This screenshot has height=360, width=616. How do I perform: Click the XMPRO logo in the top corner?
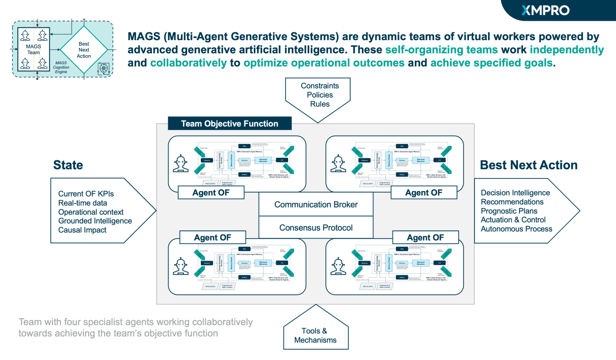coord(545,10)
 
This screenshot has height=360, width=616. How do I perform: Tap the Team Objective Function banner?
coord(230,123)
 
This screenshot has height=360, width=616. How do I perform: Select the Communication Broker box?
coord(316,205)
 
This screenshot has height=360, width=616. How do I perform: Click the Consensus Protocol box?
coord(316,227)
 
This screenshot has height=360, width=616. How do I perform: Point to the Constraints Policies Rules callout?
coord(320,95)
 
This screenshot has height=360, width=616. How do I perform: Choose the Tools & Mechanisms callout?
coord(315,335)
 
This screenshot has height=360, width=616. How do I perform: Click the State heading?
coord(68,165)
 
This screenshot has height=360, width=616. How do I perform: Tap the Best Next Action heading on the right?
coord(529,165)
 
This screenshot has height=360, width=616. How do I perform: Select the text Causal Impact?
coord(82,230)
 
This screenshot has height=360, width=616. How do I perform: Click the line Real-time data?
coord(83,203)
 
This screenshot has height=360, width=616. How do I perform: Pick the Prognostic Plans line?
coord(509,211)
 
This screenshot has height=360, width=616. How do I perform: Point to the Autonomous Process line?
coord(516,229)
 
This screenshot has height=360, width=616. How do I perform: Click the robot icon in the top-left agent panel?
coord(180,164)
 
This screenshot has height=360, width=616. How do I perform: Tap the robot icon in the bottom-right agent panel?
coord(338,266)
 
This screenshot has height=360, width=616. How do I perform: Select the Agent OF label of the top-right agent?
coord(423,193)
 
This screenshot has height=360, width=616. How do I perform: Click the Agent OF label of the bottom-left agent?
coord(213,237)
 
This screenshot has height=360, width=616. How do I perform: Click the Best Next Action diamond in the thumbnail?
coord(84,50)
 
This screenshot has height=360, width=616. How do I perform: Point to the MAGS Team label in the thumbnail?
coord(34,49)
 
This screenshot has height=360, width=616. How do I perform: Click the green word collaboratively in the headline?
coord(188,63)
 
